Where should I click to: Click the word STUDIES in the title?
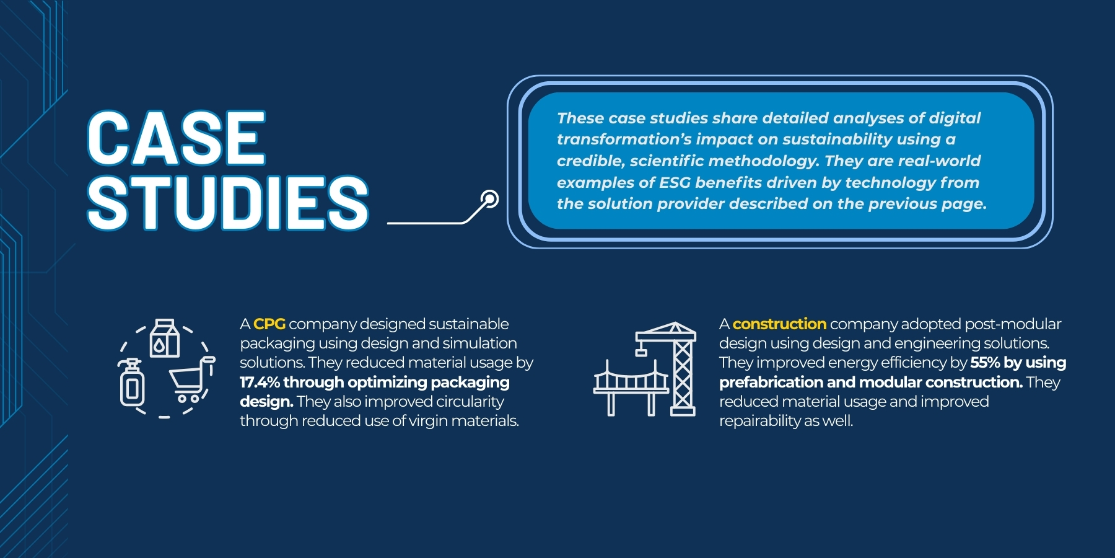[x=228, y=203]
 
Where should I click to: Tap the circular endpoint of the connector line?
[x=489, y=199]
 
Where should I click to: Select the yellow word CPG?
[x=269, y=324]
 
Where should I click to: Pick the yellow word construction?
[x=779, y=324]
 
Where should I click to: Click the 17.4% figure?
[x=260, y=383]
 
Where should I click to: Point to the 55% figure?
[x=985, y=363]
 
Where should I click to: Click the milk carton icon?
[x=165, y=338]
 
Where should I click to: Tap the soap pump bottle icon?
[x=131, y=383]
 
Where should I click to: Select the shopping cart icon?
[x=191, y=379]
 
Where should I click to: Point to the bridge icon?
[x=631, y=387]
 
